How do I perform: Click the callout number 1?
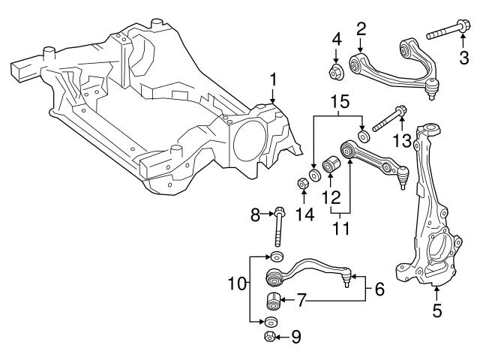click(273, 78)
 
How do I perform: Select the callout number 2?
click(361, 28)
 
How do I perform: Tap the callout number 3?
click(463, 56)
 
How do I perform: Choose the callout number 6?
click(379, 287)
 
